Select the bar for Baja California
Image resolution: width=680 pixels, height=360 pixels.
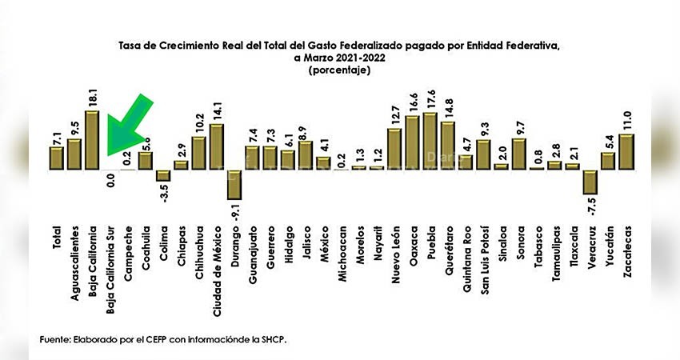(x=92, y=140)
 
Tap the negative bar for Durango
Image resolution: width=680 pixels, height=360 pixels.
(x=234, y=184)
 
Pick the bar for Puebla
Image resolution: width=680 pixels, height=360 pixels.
(x=430, y=141)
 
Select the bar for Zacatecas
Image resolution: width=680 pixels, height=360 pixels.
(x=626, y=151)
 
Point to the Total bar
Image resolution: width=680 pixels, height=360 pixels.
(x=56, y=158)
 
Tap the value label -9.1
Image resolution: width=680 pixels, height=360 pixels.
(x=234, y=211)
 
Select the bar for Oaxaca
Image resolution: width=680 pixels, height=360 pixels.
(x=412, y=143)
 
